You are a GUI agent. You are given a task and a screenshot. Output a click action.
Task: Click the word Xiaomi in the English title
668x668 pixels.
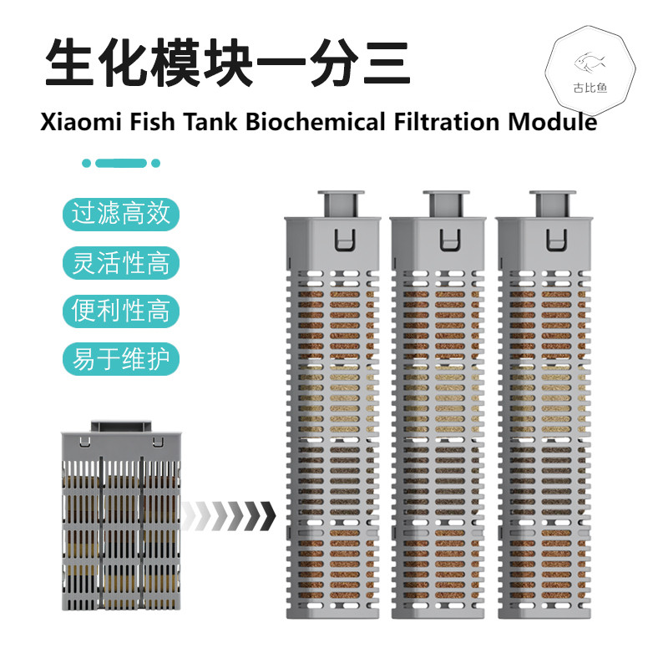(x=81, y=122)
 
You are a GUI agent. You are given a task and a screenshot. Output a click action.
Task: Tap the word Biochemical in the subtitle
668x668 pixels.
(x=316, y=122)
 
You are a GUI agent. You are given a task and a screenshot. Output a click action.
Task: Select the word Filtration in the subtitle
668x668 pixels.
(x=447, y=122)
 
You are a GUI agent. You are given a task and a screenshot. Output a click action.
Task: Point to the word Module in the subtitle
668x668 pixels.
(x=553, y=122)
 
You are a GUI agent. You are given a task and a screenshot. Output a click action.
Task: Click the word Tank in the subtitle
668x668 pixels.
(x=210, y=122)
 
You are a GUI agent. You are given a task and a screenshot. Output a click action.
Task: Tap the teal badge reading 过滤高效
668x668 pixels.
(x=121, y=214)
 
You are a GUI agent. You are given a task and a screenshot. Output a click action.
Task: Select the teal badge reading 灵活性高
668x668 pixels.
(x=121, y=262)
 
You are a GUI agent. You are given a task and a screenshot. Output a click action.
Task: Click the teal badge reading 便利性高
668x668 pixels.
(x=121, y=311)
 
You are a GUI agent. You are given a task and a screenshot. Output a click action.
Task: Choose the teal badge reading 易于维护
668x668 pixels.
(x=121, y=359)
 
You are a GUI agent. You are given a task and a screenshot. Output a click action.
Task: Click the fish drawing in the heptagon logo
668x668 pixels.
(x=590, y=63)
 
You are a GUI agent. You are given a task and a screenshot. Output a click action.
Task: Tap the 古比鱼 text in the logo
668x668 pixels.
(x=590, y=88)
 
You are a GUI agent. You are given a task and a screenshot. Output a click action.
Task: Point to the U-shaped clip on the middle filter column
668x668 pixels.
(x=448, y=239)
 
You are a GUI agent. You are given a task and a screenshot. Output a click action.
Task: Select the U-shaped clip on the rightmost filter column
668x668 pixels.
(x=556, y=239)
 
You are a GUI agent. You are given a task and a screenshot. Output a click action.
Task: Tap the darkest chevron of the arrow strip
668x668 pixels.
(x=267, y=516)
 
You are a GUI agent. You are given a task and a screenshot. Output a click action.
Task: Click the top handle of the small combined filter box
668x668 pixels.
(x=121, y=427)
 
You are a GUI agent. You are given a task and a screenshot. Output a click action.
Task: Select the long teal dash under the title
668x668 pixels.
(x=121, y=163)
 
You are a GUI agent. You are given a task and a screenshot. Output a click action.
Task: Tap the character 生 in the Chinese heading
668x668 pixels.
(x=69, y=63)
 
